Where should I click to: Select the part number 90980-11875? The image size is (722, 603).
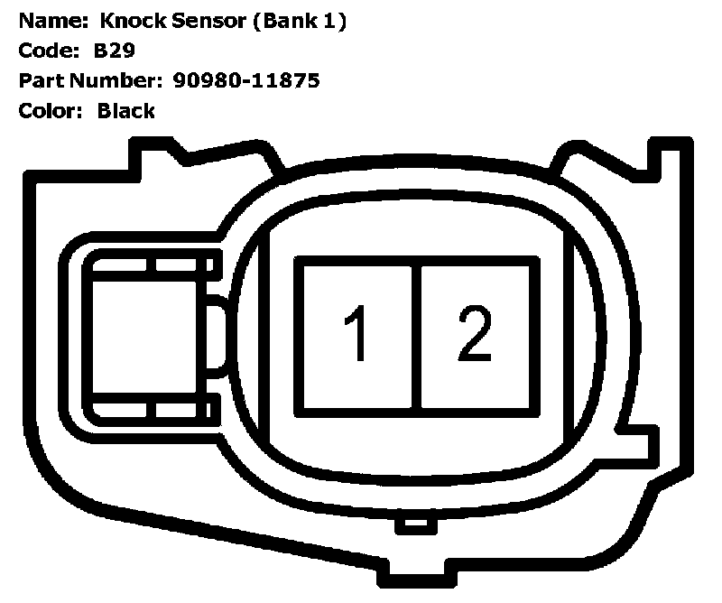click(245, 81)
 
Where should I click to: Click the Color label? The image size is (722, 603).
click(46, 111)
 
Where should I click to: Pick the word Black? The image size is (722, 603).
click(126, 111)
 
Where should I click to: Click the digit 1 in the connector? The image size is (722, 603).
click(357, 334)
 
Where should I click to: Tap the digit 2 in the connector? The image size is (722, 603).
click(474, 334)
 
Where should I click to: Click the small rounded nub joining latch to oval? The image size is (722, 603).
click(218, 336)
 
